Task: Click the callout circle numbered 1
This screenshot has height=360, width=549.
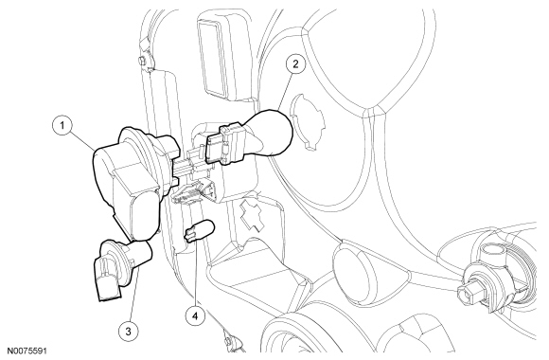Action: (62, 125)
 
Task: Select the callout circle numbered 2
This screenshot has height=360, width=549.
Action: (295, 64)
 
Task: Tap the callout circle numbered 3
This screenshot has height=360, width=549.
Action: (128, 331)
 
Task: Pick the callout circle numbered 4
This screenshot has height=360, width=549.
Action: (195, 316)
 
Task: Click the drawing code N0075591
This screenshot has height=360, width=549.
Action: (27, 351)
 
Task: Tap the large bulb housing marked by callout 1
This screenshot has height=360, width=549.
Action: (134, 182)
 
